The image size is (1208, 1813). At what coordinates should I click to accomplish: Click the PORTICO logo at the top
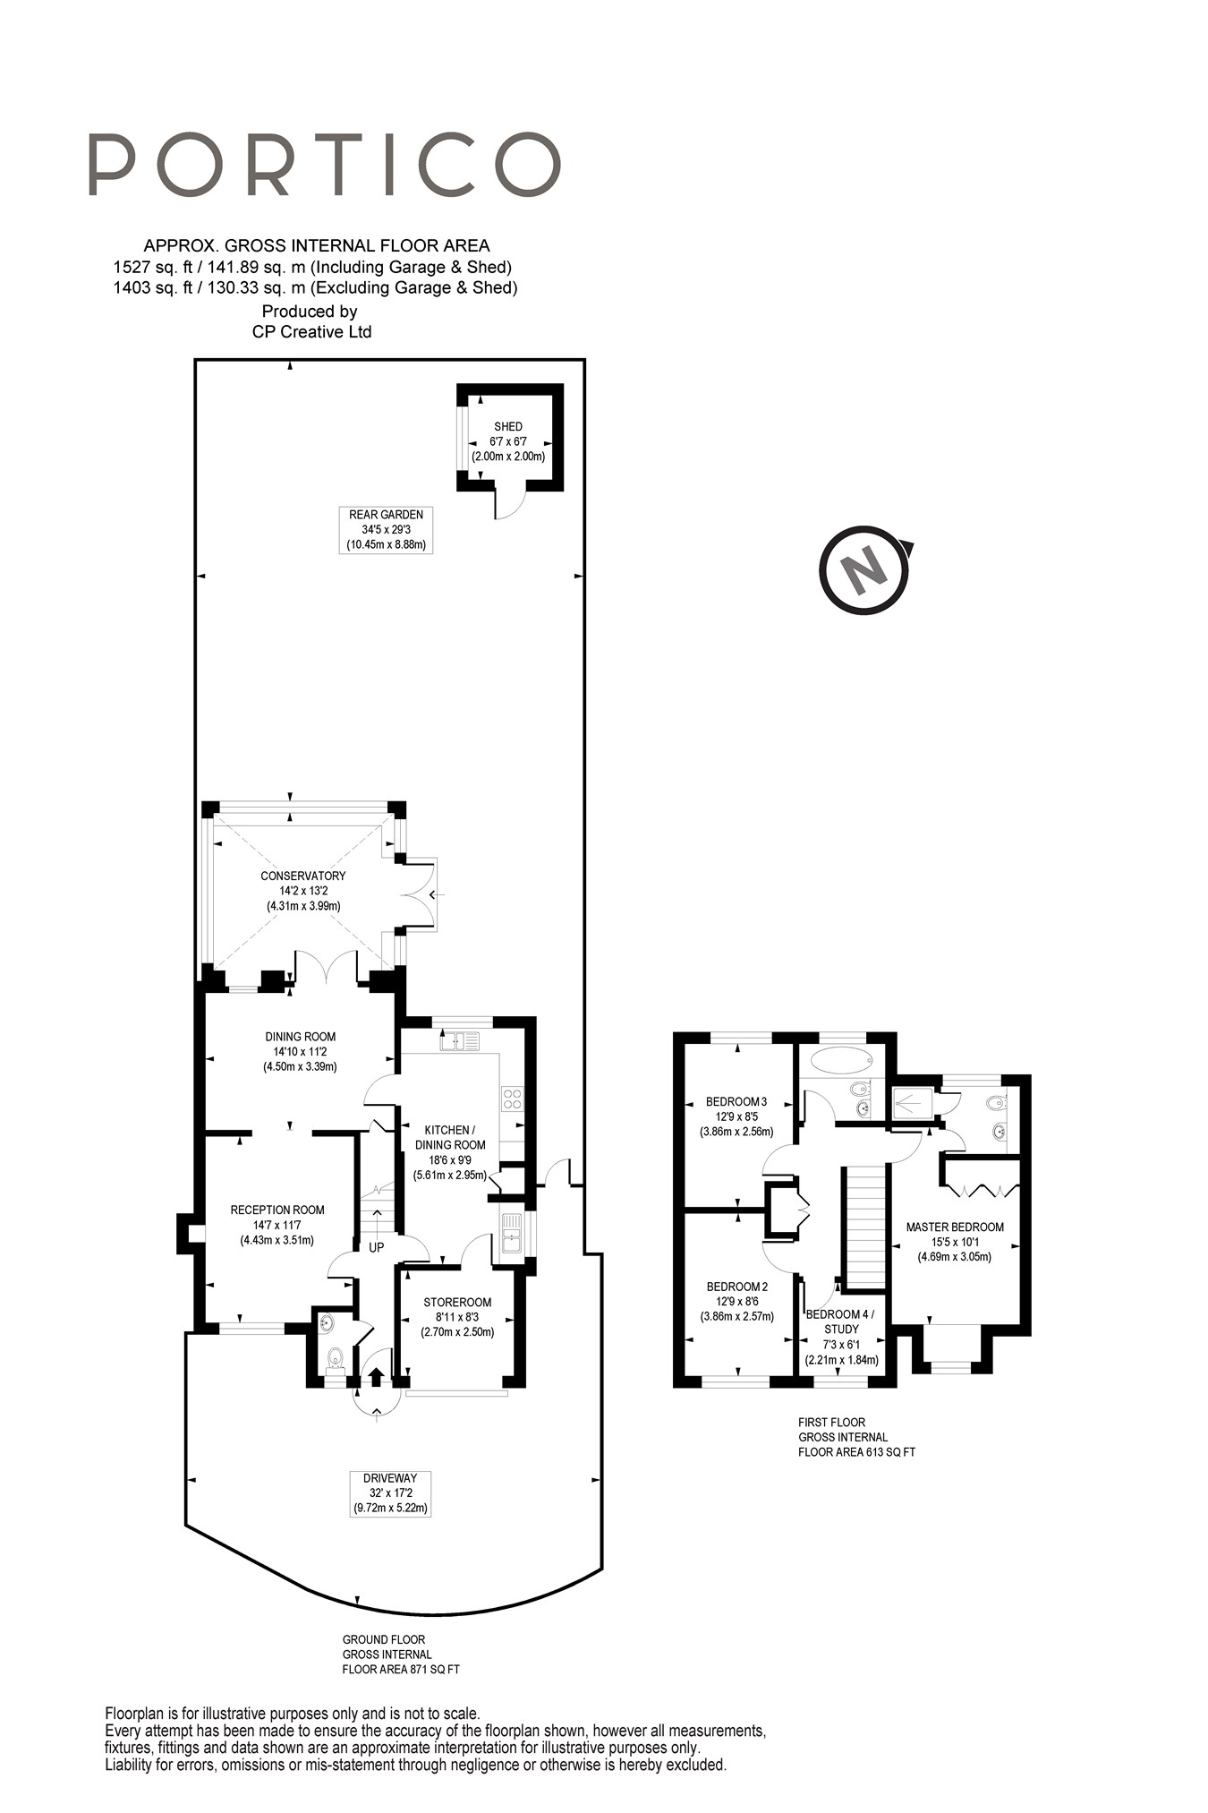click(324, 165)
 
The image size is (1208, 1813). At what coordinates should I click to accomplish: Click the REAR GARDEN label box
click(386, 529)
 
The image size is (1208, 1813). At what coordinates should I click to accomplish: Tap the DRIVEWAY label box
click(390, 1492)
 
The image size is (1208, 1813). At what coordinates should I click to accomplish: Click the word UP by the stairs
click(376, 1246)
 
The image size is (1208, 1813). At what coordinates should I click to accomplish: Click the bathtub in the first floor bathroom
click(840, 1062)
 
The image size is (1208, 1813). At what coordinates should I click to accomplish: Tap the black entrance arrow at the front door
click(376, 1376)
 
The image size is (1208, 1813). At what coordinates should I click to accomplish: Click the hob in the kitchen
click(512, 1099)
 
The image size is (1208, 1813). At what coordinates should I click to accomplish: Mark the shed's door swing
click(508, 506)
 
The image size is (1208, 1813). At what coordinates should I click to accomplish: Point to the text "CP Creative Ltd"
click(311, 332)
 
